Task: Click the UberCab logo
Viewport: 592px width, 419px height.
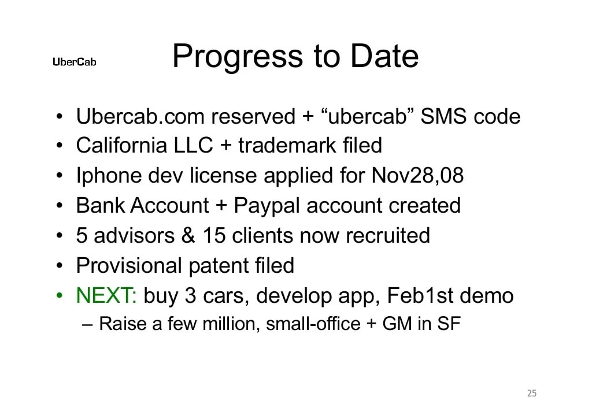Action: coord(74,62)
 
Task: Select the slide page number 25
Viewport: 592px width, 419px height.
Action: coord(532,394)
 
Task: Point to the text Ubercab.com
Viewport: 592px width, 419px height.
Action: coord(140,117)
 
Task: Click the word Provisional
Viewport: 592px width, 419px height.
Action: coord(129,265)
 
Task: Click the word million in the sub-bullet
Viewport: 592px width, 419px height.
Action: coord(231,324)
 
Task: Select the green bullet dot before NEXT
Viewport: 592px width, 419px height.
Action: coord(60,296)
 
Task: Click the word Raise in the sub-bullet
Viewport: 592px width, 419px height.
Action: coord(123,324)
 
